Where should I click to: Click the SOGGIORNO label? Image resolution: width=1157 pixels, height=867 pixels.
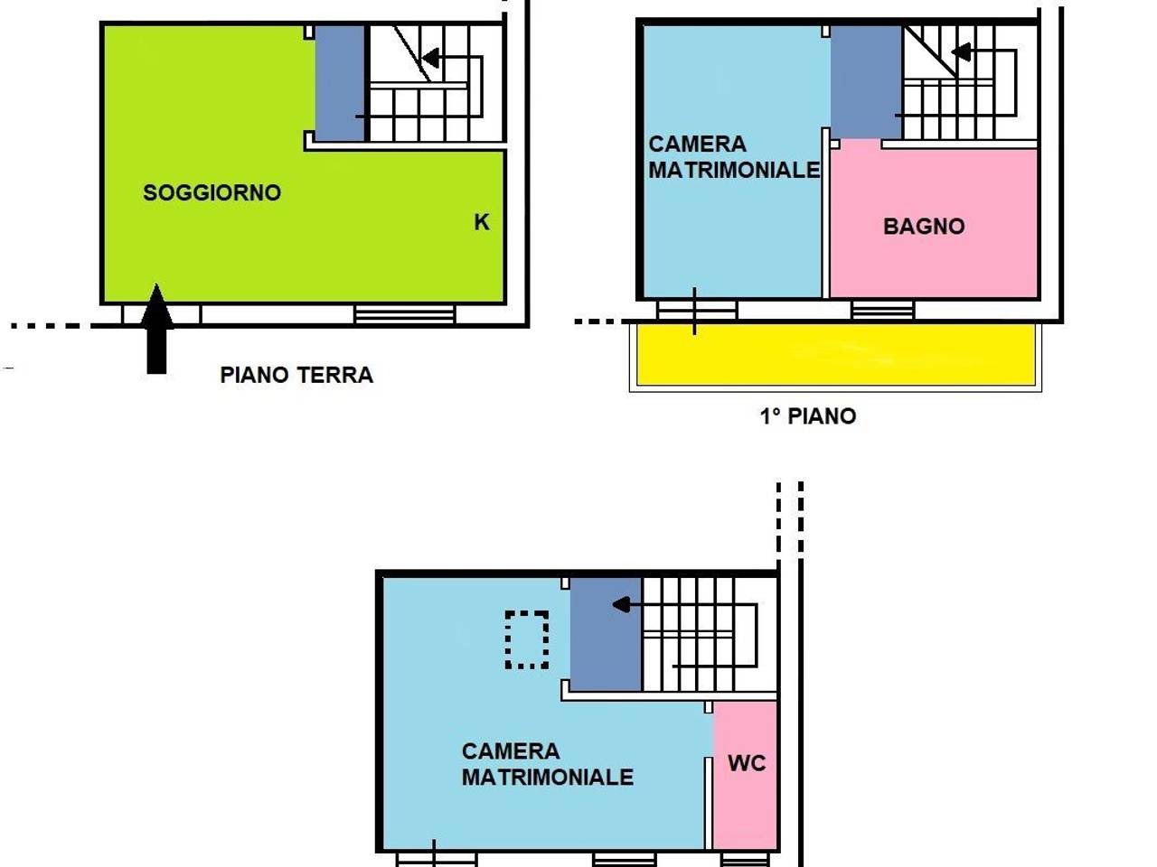coord(212,192)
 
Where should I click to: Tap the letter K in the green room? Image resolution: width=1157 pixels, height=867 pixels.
coord(481,222)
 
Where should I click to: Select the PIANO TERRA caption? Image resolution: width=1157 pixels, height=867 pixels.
coord(296,375)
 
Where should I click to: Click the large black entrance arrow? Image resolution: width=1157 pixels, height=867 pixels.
coord(156,329)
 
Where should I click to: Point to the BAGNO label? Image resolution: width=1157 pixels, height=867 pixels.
coord(924,227)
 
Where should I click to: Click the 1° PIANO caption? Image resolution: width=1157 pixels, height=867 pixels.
coord(807,415)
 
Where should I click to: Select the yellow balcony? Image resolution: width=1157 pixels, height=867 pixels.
coord(836,355)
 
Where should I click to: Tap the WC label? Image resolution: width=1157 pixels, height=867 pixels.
coord(747,763)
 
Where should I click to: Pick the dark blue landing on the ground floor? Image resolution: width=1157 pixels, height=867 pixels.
coord(340,83)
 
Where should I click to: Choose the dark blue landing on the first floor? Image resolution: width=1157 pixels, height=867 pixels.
coord(866,81)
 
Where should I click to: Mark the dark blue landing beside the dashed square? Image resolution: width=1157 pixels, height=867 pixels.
coord(606,634)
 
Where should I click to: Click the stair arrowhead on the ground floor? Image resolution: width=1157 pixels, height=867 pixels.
coord(431,58)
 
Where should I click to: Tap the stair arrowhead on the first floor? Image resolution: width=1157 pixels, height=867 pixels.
coord(962,52)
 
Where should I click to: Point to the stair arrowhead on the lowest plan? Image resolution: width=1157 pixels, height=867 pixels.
coord(622,605)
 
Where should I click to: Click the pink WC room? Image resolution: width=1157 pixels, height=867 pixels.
coord(746,774)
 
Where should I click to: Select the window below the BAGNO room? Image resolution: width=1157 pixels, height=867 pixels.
coord(882,310)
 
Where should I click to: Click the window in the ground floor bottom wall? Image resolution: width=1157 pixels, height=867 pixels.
coord(405,314)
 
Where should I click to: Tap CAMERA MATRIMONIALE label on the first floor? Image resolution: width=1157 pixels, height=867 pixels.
coord(734,156)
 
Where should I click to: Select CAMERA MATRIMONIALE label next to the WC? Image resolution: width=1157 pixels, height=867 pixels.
coord(547,764)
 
